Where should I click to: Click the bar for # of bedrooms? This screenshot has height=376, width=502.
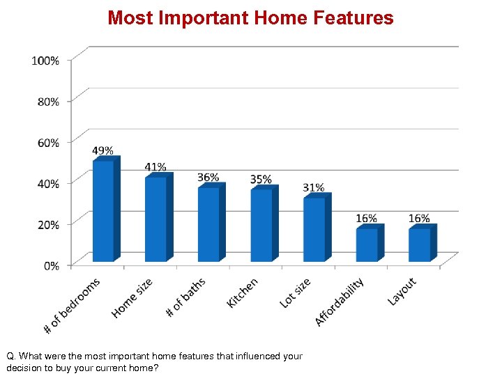coord(104,211)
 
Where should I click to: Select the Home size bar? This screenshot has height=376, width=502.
coord(156,219)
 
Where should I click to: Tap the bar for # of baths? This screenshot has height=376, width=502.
coord(209,224)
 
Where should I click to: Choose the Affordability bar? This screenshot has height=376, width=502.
coord(367,244)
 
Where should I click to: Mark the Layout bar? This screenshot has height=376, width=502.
coord(420,244)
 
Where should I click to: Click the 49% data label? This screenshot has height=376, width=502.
coord(103,150)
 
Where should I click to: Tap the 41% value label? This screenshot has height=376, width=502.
coord(155,167)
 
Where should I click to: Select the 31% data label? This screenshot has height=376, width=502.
coord(314,188)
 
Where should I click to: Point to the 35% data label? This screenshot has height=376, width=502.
coord(261,180)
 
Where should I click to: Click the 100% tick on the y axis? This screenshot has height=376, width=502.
coord(45,61)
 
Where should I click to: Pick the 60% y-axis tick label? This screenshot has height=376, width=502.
coord(47,142)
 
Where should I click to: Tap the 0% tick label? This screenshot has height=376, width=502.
coord(52,265)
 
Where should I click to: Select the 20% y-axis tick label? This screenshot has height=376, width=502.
coord(47,224)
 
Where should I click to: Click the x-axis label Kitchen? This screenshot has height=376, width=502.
coord(243,292)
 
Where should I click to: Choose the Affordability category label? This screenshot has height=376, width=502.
coord(340,302)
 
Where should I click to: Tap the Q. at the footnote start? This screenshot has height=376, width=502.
coord(12,356)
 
